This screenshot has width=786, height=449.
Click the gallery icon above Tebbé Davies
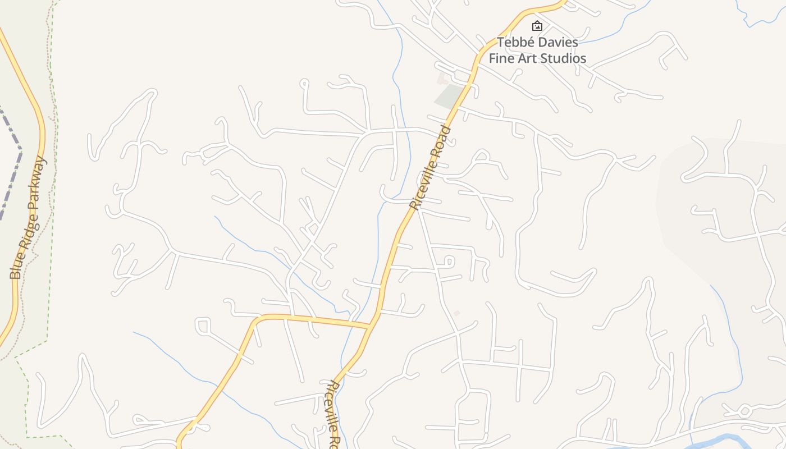pyautogui.click(x=537, y=26)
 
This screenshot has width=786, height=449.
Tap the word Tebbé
pyautogui.click(x=515, y=43)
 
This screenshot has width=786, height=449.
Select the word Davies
pyautogui.click(x=558, y=43)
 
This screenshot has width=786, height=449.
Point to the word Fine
pyautogui.click(x=501, y=58)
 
